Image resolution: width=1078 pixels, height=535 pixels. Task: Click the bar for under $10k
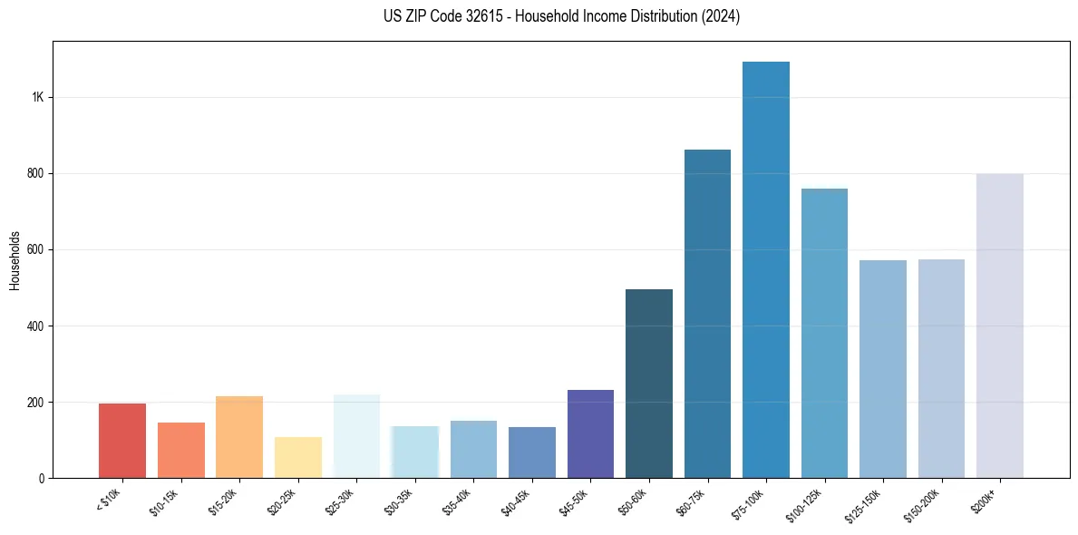(x=122, y=441)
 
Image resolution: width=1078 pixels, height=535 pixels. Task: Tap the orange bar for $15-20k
(x=239, y=437)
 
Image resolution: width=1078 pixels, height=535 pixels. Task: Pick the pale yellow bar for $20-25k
(x=298, y=457)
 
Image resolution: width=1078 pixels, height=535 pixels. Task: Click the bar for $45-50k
(x=590, y=433)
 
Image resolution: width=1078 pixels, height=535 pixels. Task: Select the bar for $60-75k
(x=707, y=314)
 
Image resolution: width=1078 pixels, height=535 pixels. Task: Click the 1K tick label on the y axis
(x=37, y=97)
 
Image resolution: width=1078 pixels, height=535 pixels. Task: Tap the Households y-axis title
(x=15, y=259)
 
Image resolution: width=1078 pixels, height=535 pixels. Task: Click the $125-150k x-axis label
(x=861, y=502)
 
